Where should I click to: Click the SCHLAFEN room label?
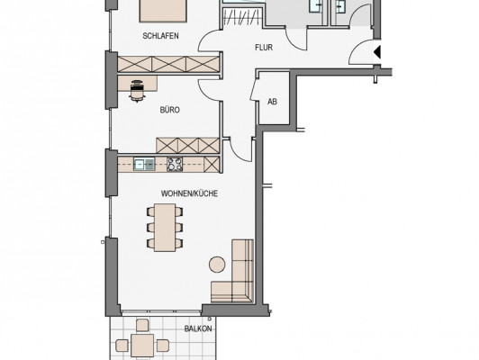(160, 36)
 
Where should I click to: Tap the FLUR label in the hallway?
(264, 48)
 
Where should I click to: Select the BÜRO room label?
(170, 110)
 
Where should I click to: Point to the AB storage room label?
(272, 102)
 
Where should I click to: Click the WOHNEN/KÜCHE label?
(189, 193)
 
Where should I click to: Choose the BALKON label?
(198, 328)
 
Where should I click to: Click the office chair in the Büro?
(137, 90)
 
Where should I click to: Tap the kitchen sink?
(144, 164)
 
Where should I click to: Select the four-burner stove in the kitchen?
(175, 164)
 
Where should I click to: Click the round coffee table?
(217, 265)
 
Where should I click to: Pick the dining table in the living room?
(165, 228)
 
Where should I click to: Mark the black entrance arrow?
(377, 52)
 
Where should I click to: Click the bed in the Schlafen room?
(163, 11)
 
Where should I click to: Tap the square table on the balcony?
(142, 346)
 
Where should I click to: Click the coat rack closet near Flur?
(242, 17)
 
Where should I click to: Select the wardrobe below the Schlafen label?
(168, 64)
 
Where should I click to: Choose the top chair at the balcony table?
(142, 325)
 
